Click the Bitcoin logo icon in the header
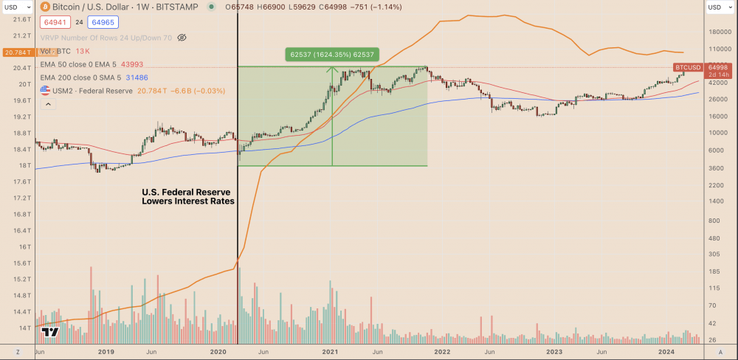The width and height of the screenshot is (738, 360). point(46,7)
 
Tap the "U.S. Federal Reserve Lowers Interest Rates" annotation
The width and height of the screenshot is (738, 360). point(188,196)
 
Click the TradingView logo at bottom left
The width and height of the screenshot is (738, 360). point(50,333)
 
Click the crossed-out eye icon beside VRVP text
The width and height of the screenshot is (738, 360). point(182,37)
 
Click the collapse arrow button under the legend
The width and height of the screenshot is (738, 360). point(48,104)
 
